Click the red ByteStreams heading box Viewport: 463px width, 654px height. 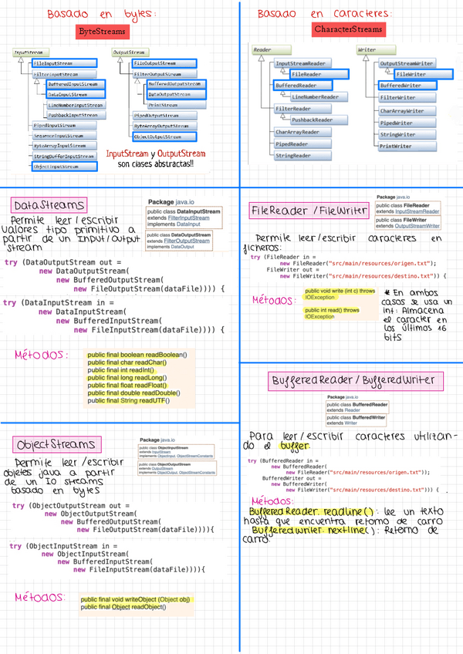tap(104, 31)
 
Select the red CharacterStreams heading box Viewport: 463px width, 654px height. tap(347, 29)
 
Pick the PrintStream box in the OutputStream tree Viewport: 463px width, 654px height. tap(164, 104)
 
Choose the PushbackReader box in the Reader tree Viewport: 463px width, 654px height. tap(312, 120)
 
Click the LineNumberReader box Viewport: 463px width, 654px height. tap(315, 97)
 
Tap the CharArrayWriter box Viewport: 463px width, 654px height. tap(402, 111)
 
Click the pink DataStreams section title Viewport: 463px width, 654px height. tap(49, 206)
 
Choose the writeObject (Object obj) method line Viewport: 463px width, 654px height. tap(136, 598)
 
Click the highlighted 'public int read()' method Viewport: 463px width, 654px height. tap(332, 313)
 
